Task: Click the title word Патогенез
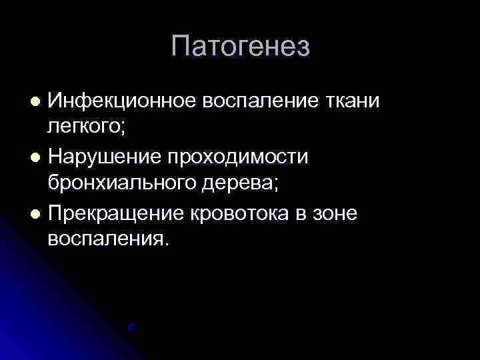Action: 240,47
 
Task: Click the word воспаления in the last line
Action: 104,238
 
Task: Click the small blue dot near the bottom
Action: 132,327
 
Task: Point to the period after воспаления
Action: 167,243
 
